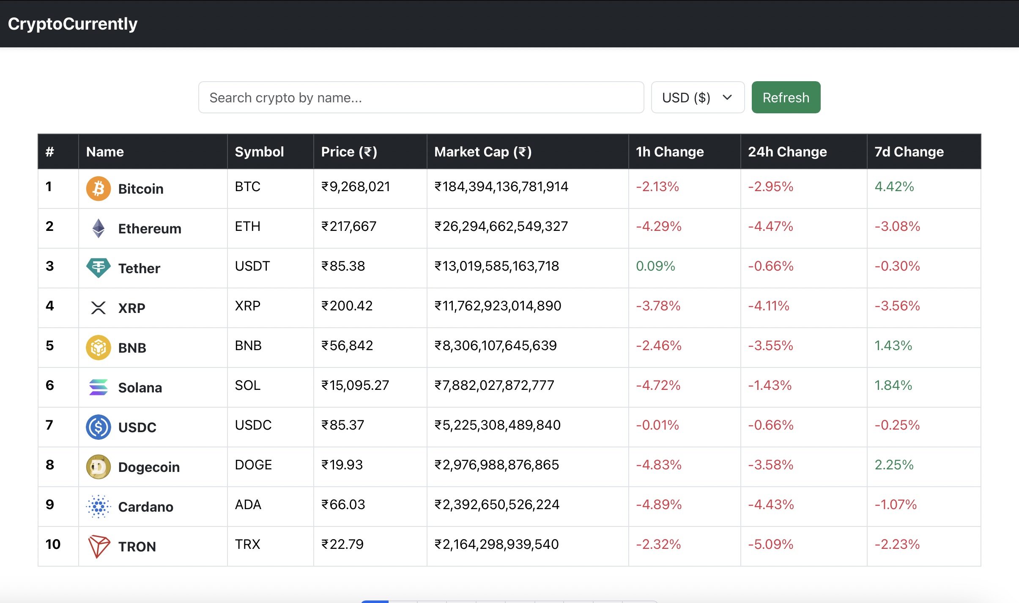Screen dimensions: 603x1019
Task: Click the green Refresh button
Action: click(786, 97)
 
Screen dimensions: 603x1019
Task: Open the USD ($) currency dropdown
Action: click(697, 97)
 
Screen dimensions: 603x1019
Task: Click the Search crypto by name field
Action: click(421, 97)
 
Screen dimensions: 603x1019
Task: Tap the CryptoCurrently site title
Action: click(73, 24)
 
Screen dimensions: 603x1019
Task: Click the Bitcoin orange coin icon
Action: click(98, 189)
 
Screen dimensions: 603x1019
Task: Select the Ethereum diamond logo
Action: click(98, 228)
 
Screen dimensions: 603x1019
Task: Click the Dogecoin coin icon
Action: click(98, 467)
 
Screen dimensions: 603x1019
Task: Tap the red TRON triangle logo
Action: click(98, 546)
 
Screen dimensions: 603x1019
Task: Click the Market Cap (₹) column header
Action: click(483, 152)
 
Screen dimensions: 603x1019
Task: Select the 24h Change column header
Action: click(787, 152)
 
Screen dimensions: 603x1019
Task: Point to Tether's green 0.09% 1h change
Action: click(655, 266)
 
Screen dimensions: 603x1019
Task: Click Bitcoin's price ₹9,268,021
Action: click(355, 186)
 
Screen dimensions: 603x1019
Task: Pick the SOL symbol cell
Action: click(248, 385)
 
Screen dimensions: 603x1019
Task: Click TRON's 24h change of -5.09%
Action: click(770, 544)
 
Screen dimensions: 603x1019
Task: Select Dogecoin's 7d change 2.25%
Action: click(894, 465)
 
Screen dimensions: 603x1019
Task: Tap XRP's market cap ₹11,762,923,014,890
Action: click(498, 306)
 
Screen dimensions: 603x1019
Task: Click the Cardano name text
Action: click(145, 507)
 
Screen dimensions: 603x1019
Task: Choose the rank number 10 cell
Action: click(53, 544)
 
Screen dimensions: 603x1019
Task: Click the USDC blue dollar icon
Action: click(98, 427)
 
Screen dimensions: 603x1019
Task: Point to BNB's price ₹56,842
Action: click(347, 345)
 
